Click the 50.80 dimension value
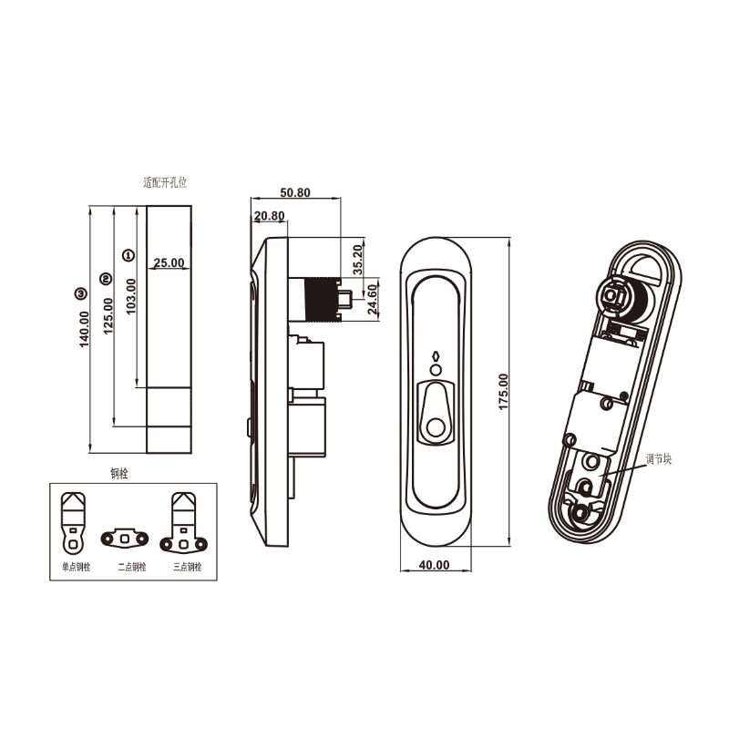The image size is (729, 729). pyautogui.click(x=295, y=193)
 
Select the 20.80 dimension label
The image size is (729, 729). pyautogui.click(x=270, y=216)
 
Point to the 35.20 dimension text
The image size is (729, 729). pyautogui.click(x=358, y=260)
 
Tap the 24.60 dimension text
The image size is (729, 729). pyautogui.click(x=372, y=299)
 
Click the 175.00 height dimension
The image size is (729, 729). pyautogui.click(x=503, y=392)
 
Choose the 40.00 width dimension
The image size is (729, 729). pyautogui.click(x=435, y=565)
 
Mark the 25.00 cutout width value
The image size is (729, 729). pyautogui.click(x=169, y=262)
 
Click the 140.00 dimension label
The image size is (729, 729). pyautogui.click(x=85, y=329)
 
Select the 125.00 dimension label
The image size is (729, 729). pyautogui.click(x=108, y=316)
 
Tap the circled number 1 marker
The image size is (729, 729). pyautogui.click(x=128, y=256)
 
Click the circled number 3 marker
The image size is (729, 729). pyautogui.click(x=81, y=293)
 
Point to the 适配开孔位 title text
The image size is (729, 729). pyautogui.click(x=165, y=182)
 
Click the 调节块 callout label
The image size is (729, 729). pyautogui.click(x=658, y=460)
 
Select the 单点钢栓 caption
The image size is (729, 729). pyautogui.click(x=69, y=567)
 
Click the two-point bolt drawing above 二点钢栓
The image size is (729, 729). pyautogui.click(x=124, y=538)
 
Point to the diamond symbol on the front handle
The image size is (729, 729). pyautogui.click(x=436, y=356)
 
